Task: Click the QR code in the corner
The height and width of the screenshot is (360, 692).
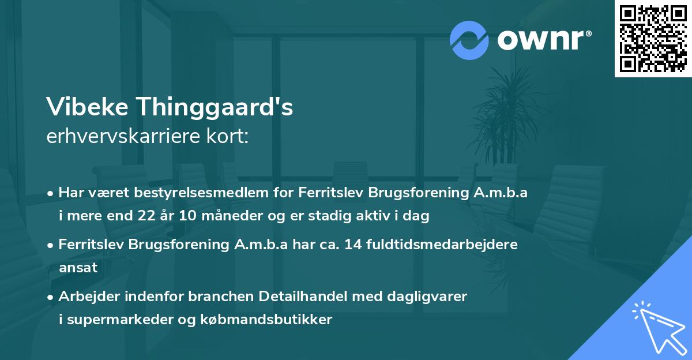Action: click(653, 39)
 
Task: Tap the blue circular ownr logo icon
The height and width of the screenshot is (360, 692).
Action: click(469, 40)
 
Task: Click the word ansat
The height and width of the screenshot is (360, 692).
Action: click(78, 268)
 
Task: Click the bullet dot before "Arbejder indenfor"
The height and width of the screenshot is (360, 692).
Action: click(51, 297)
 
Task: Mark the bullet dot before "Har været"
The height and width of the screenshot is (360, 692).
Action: click(51, 193)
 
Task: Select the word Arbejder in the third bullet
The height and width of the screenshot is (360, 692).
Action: click(86, 296)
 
